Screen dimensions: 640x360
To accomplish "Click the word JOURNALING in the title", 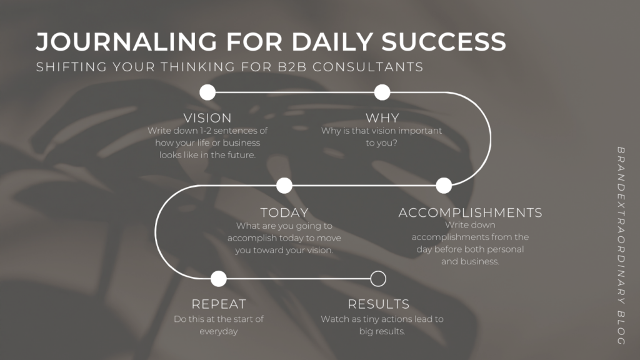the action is (x=126, y=42).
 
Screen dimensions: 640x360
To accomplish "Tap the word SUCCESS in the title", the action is (x=444, y=42).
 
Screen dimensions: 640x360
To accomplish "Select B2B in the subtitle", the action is (x=292, y=67).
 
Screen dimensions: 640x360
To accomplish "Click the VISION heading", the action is (x=207, y=118).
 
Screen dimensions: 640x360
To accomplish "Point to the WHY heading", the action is (x=382, y=118).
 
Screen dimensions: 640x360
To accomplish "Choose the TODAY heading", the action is (x=284, y=212).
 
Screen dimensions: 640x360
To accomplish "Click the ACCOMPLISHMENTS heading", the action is (x=470, y=212).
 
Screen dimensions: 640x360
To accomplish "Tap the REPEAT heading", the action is (x=219, y=304).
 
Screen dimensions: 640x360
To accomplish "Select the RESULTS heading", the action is (x=378, y=304).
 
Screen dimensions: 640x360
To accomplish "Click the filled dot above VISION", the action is (x=207, y=92).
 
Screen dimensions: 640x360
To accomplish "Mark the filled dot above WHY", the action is (x=382, y=92).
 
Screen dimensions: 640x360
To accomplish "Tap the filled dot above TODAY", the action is (x=284, y=186).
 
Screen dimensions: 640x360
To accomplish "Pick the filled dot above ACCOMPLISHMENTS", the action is (x=444, y=186).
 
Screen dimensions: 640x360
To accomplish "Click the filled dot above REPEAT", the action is (x=219, y=279).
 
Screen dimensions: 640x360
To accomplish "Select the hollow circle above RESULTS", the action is (x=378, y=271).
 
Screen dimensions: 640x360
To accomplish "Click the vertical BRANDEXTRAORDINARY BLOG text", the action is (x=621, y=246).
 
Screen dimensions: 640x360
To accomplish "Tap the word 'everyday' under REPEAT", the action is (x=218, y=331).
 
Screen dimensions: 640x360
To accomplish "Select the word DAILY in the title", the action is (x=332, y=42).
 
